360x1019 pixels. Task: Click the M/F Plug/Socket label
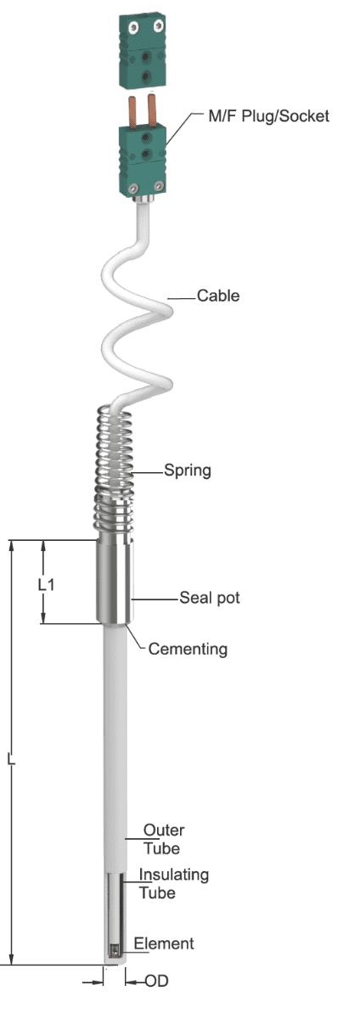tap(268, 116)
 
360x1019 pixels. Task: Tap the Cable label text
tap(218, 296)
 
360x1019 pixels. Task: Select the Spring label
tap(188, 470)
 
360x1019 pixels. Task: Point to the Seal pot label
tap(210, 597)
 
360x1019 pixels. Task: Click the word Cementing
tap(188, 649)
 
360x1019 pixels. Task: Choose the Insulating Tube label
tap(173, 883)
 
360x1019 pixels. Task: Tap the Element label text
tap(164, 943)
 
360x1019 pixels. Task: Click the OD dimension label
tap(156, 982)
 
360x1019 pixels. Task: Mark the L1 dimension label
tap(46, 584)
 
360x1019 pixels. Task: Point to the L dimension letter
tap(11, 759)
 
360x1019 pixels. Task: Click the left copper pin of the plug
tap(132, 112)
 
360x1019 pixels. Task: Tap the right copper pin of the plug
tap(152, 110)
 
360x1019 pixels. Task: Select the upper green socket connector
tap(143, 50)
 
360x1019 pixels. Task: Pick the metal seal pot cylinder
tap(115, 582)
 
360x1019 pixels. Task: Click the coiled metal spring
tap(114, 473)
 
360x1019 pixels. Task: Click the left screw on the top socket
tap(132, 28)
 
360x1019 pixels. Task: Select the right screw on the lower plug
tap(159, 186)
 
